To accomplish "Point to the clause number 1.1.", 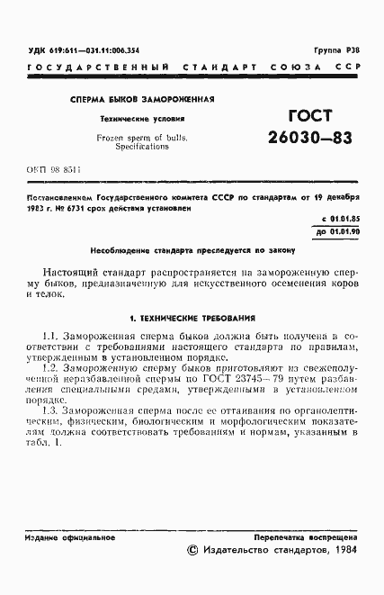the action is (x=50, y=335).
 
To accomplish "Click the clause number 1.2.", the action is (x=50, y=368).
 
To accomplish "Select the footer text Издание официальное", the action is (x=69, y=537).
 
